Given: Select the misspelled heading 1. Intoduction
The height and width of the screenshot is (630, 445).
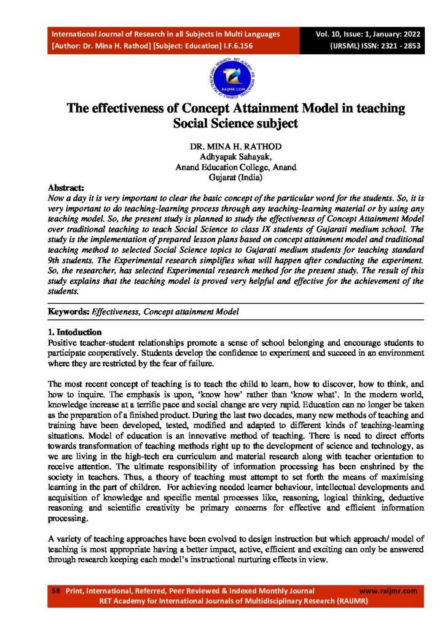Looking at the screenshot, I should coord(75,332).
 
